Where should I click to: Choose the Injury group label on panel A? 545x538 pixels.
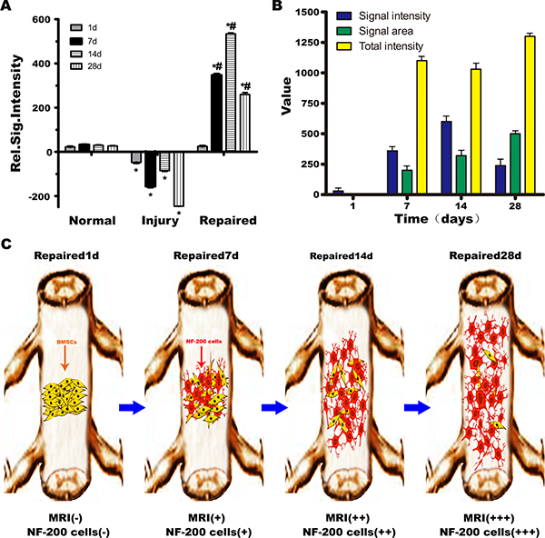coord(162,220)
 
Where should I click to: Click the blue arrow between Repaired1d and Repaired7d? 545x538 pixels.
coord(134,405)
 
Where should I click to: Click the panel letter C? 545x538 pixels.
coord(8,245)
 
